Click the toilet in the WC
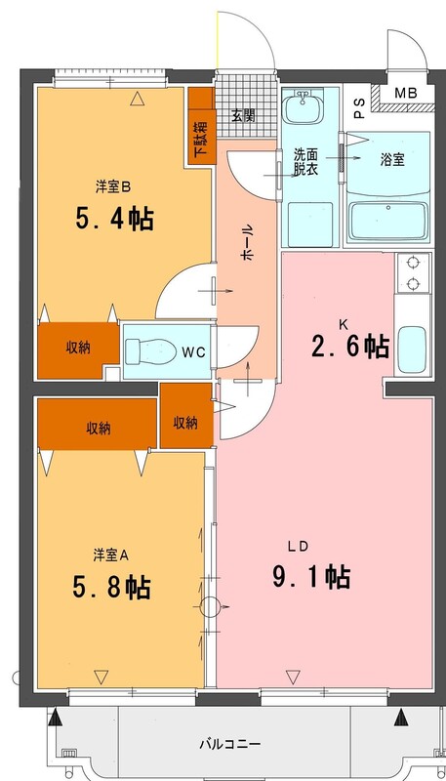150,351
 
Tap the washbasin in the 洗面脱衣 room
303,106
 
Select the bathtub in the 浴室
388,222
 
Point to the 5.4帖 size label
114,219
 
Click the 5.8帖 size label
111,588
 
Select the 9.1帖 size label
311,577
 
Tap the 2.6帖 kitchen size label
350,347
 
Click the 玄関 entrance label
243,115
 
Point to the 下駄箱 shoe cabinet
202,126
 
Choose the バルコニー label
230,745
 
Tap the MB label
407,93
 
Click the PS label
359,107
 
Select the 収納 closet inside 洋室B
78,349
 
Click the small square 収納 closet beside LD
186,423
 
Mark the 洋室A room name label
110,555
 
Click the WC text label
193,352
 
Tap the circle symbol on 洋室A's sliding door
210,606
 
